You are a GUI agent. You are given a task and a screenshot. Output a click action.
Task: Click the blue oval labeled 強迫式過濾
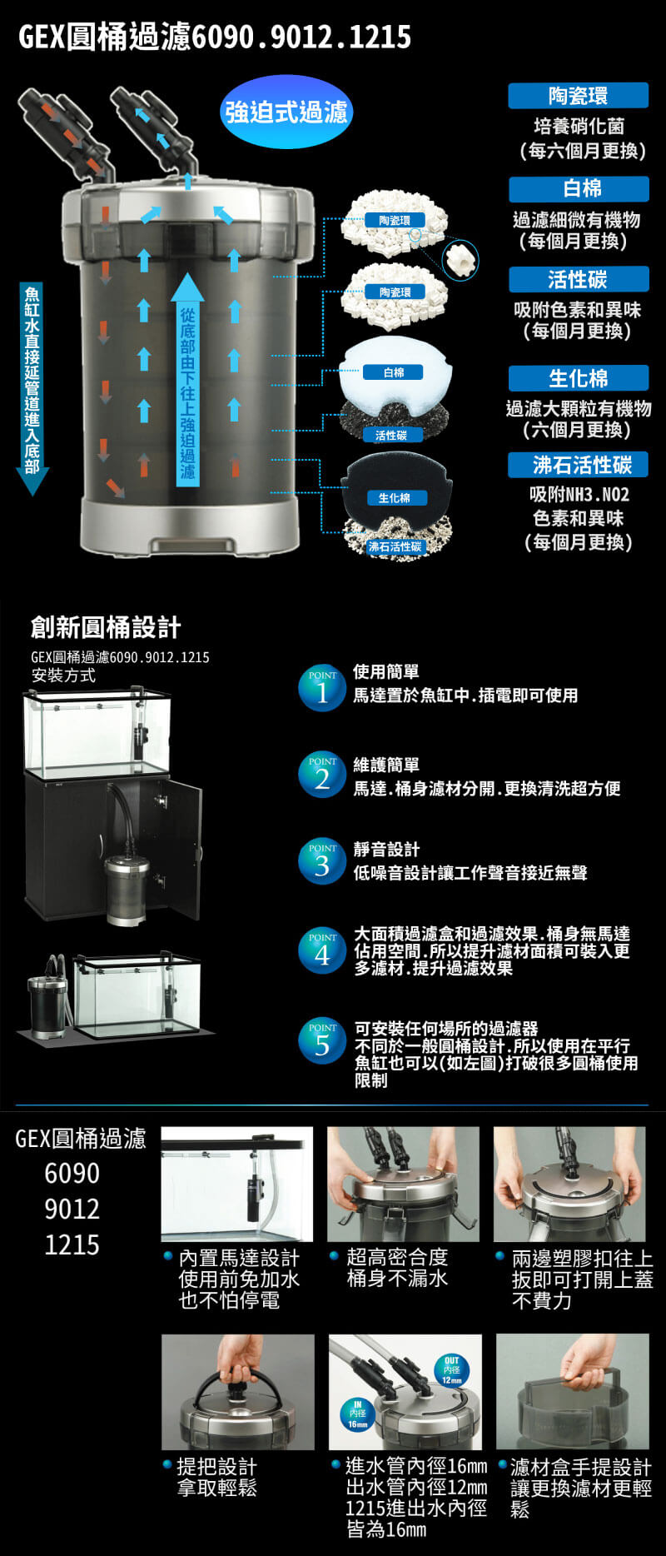click(286, 112)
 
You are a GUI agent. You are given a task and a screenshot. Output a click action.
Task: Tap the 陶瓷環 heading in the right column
click(578, 96)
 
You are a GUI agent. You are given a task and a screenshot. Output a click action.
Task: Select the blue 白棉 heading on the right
click(579, 189)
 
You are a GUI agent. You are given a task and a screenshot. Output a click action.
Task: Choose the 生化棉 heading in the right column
click(578, 378)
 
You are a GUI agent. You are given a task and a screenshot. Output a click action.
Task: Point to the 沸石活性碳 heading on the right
click(578, 465)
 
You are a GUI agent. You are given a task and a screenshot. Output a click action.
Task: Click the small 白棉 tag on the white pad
click(394, 372)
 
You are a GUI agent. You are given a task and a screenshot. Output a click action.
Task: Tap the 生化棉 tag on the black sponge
click(395, 498)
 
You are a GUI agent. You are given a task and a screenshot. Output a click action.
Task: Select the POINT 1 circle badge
click(322, 690)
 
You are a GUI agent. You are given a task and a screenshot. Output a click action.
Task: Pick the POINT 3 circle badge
click(322, 862)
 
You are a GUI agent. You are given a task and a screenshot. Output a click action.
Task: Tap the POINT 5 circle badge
click(322, 1040)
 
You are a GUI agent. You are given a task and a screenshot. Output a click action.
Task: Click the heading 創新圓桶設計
click(106, 627)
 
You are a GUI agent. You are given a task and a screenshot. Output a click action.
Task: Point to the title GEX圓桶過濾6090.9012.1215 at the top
click(215, 37)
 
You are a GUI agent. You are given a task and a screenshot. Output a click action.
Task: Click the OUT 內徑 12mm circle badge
click(451, 1370)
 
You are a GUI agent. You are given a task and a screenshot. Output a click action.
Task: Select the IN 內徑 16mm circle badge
click(357, 1414)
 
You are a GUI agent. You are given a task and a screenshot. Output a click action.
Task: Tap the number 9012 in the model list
click(72, 1209)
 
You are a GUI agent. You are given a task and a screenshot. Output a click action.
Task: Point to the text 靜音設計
click(386, 850)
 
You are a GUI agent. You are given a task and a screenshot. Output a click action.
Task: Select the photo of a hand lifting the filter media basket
click(572, 1391)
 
